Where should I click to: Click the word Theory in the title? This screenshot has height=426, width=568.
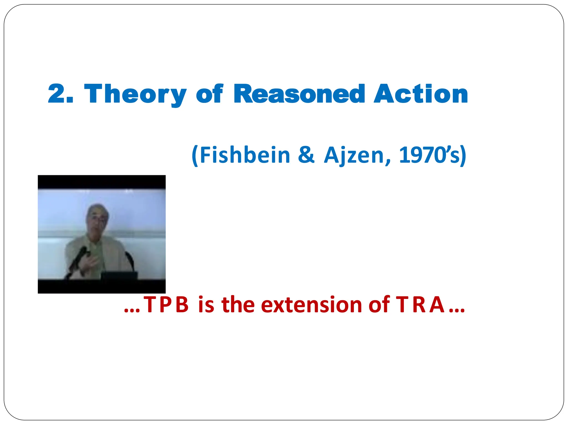(135, 94)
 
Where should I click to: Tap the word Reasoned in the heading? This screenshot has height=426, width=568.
(299, 94)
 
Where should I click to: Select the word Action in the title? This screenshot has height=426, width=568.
(421, 94)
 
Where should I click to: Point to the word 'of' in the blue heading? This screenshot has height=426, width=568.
(209, 94)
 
